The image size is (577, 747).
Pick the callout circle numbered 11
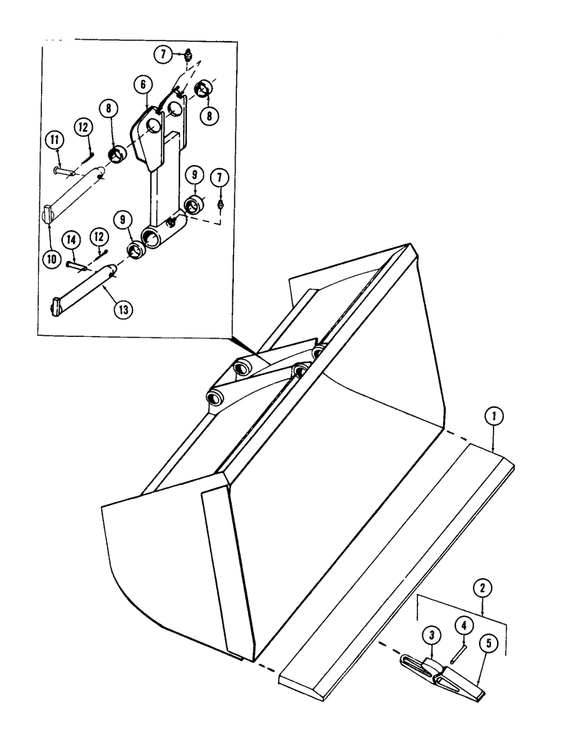55,139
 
